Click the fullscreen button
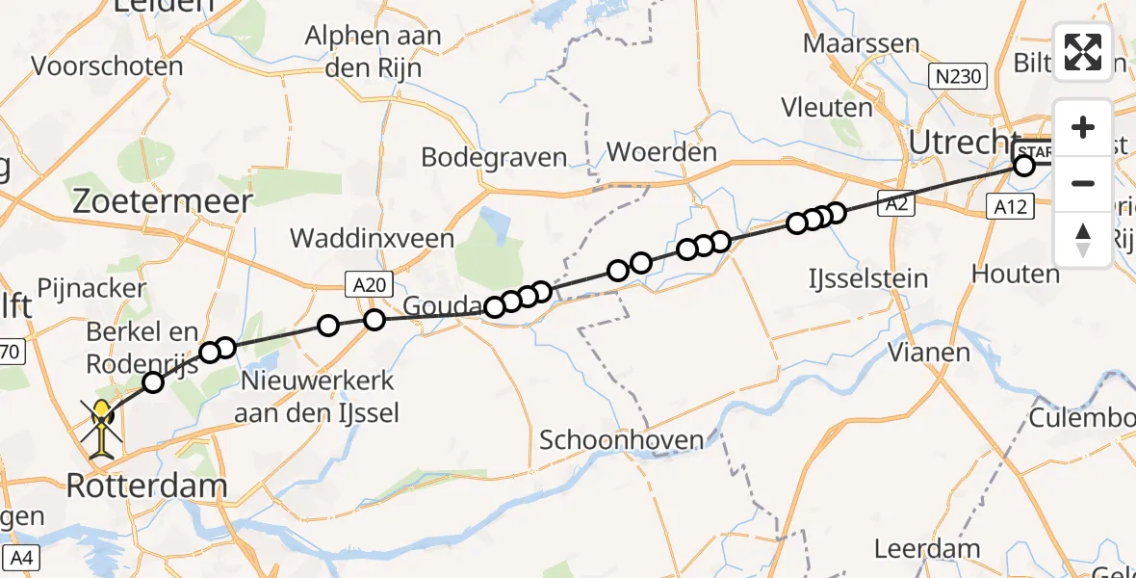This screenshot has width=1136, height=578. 1083,51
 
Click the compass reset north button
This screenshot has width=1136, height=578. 1083,240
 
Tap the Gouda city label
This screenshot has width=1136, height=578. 439,307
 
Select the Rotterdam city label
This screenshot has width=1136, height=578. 146,486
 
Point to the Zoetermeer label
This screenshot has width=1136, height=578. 164,201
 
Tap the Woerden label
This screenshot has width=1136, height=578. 661,152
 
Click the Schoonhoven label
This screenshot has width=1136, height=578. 621,440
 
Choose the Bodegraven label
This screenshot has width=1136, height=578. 494,157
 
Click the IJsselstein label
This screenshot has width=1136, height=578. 869,279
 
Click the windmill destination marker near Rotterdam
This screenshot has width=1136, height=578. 103,427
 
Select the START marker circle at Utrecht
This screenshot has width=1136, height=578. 1024,166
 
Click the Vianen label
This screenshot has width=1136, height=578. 928,352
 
